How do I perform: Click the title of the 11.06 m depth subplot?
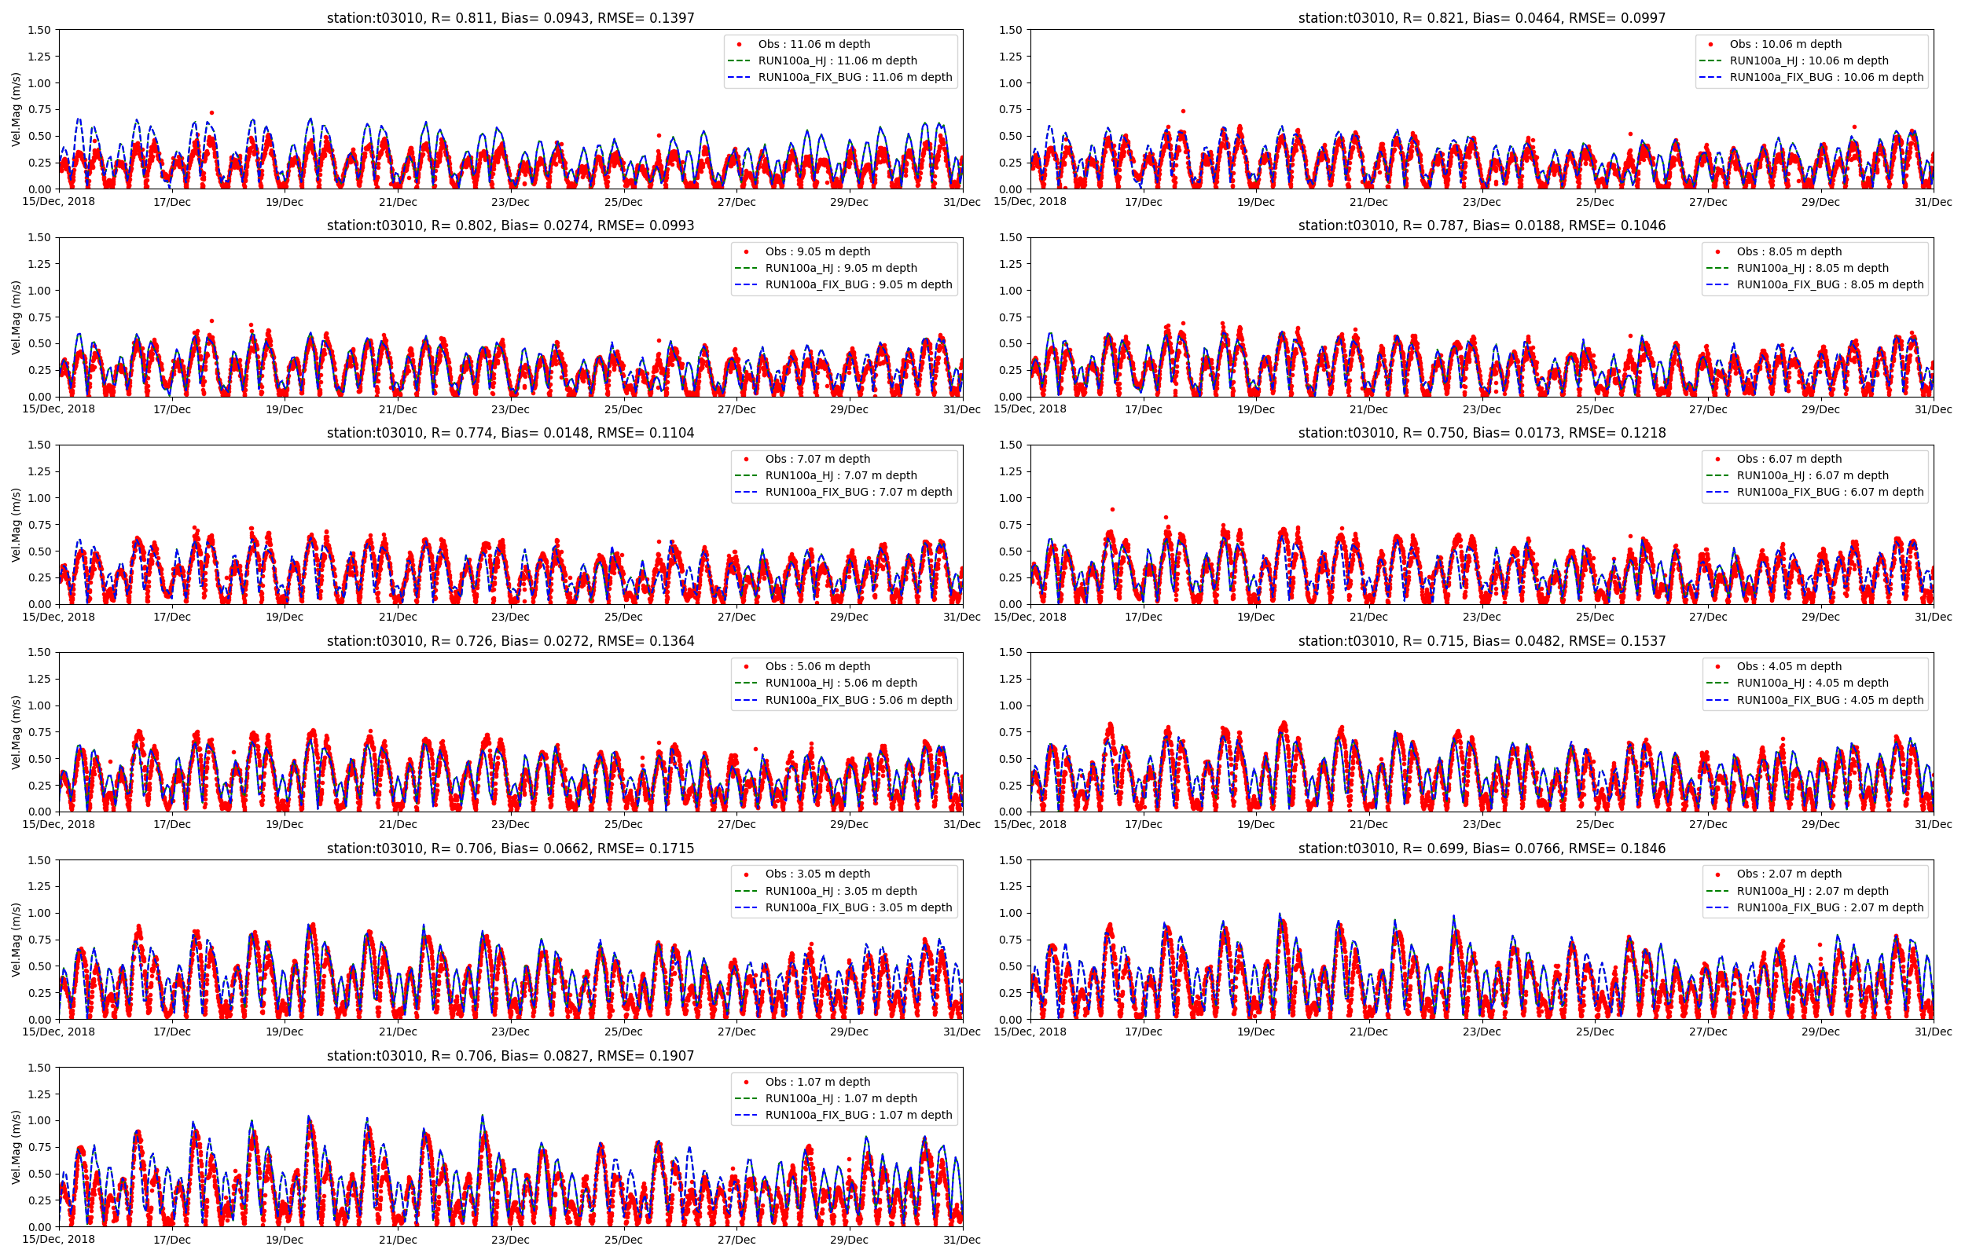click(x=510, y=18)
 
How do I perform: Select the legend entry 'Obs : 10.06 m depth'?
click(x=1785, y=44)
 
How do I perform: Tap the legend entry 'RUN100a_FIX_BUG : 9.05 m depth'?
click(x=858, y=285)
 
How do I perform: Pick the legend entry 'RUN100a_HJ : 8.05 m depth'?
click(x=1813, y=268)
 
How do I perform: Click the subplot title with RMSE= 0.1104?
click(x=510, y=433)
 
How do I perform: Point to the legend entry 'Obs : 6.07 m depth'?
click(x=1789, y=459)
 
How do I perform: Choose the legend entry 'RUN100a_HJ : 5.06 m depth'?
click(x=841, y=683)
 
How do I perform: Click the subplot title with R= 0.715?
click(x=1482, y=641)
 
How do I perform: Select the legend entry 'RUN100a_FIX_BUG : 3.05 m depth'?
click(x=858, y=907)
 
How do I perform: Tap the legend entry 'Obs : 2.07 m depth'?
click(x=1789, y=874)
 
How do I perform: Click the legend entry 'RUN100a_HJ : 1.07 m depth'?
click(x=841, y=1098)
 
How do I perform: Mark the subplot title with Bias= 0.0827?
click(x=510, y=1056)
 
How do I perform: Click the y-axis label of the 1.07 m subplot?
click(x=17, y=1147)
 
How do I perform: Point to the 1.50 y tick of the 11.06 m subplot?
click(x=39, y=30)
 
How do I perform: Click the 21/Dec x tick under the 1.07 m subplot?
click(x=398, y=1240)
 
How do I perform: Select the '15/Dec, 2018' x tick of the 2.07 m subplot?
click(x=1030, y=1032)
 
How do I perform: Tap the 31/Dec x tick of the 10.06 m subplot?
click(x=1933, y=202)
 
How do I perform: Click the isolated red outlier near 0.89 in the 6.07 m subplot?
click(x=1112, y=509)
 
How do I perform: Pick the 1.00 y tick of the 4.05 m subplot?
click(x=1011, y=705)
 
